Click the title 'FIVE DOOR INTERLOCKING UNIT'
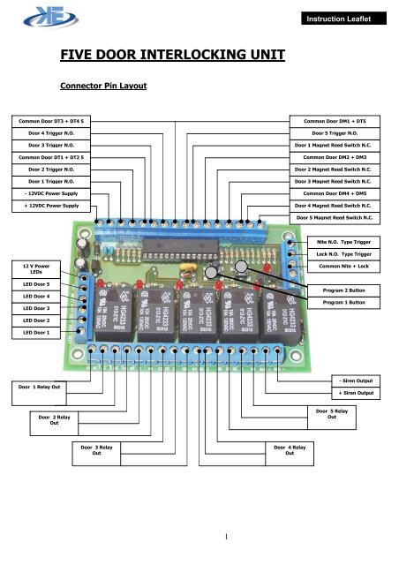click(x=172, y=57)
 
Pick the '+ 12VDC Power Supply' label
click(x=50, y=205)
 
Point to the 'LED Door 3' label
click(x=35, y=308)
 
